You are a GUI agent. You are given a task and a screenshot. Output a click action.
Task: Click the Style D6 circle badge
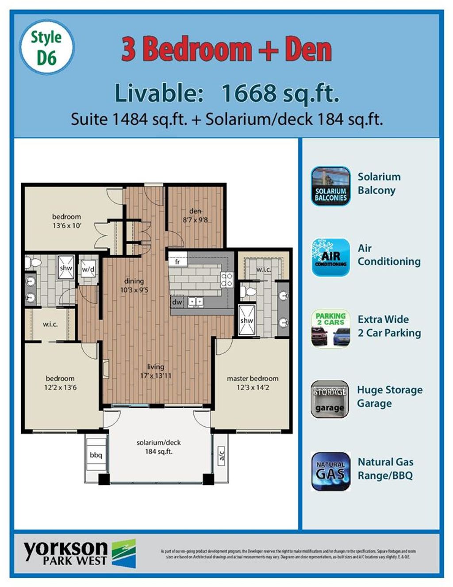tap(46, 46)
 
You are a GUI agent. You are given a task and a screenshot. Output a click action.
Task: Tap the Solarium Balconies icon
tap(330, 186)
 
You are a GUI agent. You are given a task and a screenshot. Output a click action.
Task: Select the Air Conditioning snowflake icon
tap(330, 257)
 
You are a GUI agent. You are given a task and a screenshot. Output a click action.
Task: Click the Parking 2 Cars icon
tap(330, 329)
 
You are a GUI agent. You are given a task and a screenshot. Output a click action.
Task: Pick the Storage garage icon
tap(330, 399)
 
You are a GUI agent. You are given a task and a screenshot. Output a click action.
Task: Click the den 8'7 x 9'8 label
tap(195, 215)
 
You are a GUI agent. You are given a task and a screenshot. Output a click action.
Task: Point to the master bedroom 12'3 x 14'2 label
tap(253, 383)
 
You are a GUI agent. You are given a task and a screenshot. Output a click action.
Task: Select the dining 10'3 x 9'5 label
tap(134, 286)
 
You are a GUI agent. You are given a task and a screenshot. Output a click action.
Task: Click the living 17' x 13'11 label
tap(156, 371)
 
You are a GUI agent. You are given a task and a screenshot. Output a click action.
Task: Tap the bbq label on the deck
tap(96, 455)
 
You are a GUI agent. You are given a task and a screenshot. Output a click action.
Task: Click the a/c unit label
tap(222, 454)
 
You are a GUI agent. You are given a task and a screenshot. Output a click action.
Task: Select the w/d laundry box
tap(88, 269)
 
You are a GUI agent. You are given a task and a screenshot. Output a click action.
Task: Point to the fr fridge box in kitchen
tap(177, 261)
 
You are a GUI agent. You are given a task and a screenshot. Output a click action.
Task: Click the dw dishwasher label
tap(177, 302)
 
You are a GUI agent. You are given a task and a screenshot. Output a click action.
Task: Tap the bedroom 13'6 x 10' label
tap(66, 221)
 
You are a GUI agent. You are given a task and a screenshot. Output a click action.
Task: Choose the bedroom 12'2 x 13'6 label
tap(60, 383)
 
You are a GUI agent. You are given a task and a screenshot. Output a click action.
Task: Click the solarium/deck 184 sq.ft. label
tap(158, 447)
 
